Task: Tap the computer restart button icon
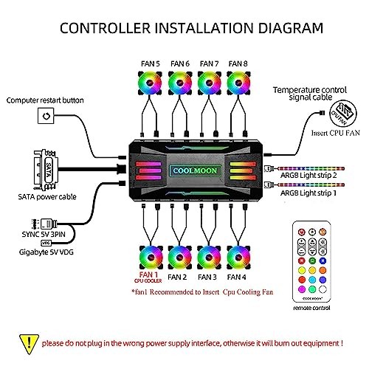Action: [x=46, y=116]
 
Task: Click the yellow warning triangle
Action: [x=27, y=343]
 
